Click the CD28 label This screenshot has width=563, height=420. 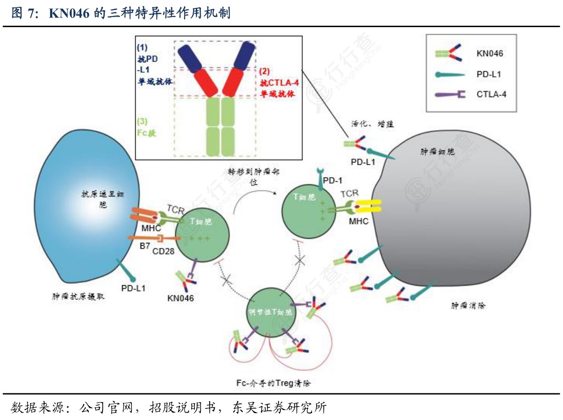pos(163,251)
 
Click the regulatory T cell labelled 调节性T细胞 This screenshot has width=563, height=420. pos(269,313)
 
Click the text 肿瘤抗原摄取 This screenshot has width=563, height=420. pos(78,297)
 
